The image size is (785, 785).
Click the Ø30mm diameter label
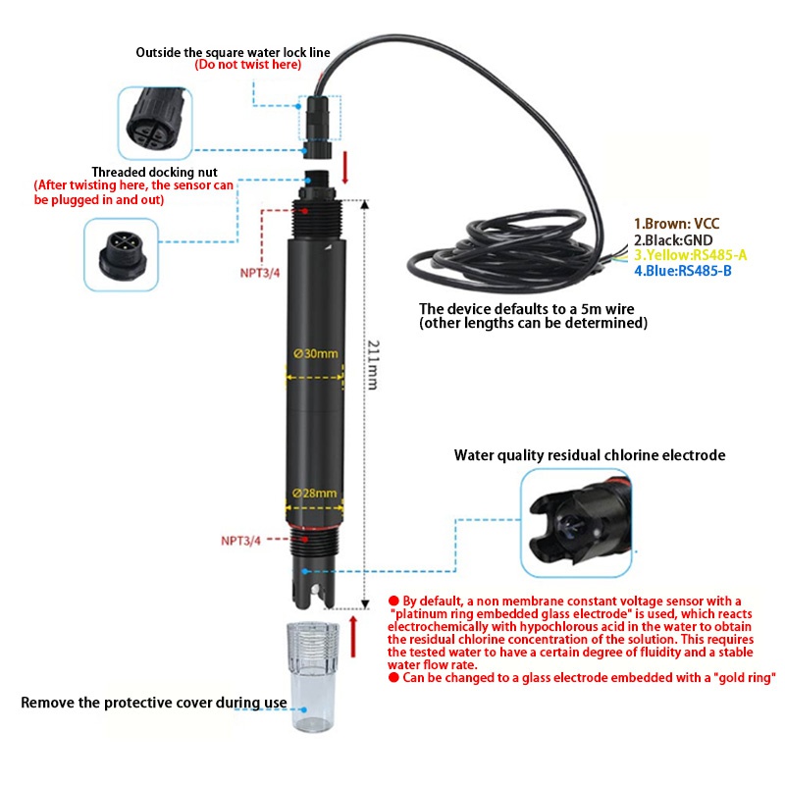[x=314, y=353]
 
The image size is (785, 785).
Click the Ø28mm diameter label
[x=314, y=493]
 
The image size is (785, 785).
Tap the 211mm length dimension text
[x=372, y=365]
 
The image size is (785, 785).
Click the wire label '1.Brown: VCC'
[x=676, y=224]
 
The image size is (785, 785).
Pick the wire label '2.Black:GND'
[x=673, y=239]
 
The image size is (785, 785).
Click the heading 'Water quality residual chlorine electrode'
[x=589, y=455]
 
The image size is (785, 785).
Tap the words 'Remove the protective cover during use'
[x=154, y=703]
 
